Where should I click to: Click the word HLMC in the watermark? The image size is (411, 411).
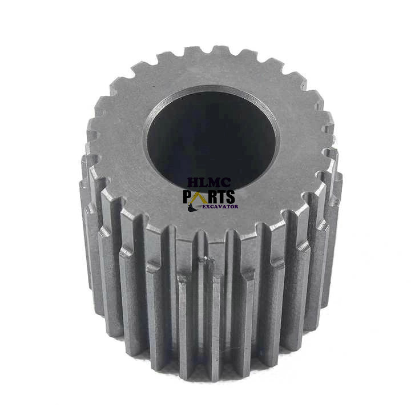coord(209,183)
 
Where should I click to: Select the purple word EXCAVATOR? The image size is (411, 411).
coord(221,207)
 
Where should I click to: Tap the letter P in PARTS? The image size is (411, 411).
coord(187,196)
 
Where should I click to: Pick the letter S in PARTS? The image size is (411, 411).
coord(230,196)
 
